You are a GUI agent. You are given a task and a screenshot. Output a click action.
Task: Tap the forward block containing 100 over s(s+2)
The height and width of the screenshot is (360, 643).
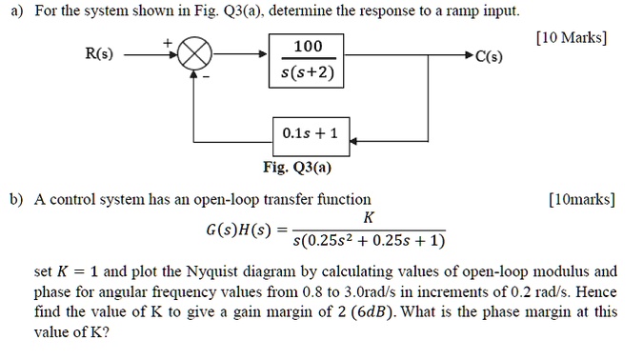coord(309,59)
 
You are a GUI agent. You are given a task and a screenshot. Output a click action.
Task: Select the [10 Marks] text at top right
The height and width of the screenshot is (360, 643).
coord(571,38)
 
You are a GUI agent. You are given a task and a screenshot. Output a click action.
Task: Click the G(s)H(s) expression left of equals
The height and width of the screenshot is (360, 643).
coord(239,230)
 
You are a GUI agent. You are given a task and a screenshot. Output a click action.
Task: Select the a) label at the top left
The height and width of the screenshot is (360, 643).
coord(14,11)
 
